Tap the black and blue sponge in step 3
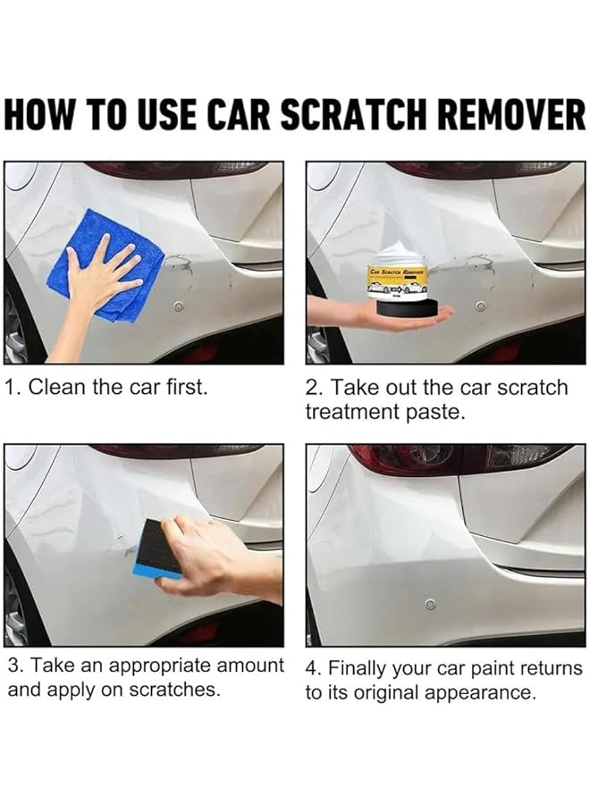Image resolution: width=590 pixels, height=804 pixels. (x=156, y=549)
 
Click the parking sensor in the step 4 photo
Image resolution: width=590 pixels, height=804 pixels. (x=430, y=605)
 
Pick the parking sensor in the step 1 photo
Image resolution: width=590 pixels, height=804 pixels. (x=179, y=306)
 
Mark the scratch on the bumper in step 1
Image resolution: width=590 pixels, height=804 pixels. (x=179, y=264)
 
